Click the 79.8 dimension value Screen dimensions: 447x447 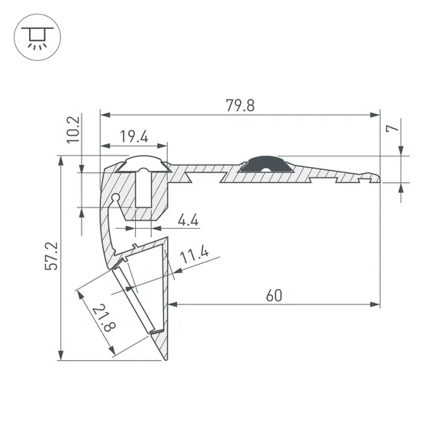240,105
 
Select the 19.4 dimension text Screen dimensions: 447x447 134,137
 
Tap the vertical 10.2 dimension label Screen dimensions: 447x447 73,130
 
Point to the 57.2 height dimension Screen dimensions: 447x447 51,256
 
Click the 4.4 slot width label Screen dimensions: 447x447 188,220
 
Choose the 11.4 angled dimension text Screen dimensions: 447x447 195,254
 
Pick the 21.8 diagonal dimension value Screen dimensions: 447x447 104,318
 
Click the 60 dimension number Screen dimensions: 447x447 274,295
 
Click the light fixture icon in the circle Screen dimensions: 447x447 37,37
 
